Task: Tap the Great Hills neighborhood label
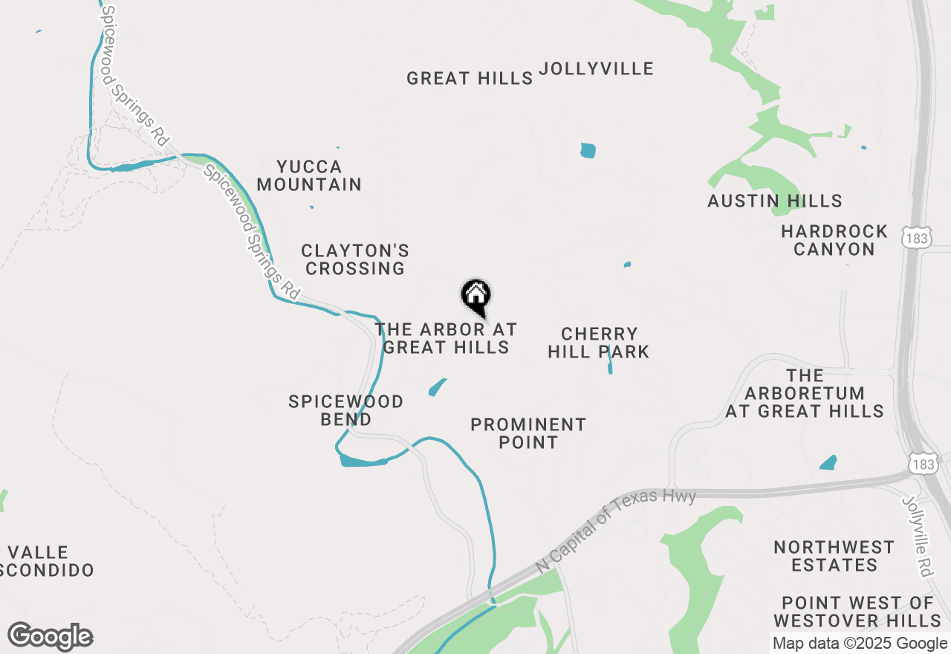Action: [470, 78]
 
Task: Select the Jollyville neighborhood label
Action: [596, 69]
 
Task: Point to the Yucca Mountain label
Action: [309, 175]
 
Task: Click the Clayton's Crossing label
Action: [355, 259]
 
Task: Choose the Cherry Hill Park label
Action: [598, 343]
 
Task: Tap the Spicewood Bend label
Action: [345, 410]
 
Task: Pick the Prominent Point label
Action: [528, 433]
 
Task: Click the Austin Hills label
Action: [774, 201]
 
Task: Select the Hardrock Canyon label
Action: [834, 240]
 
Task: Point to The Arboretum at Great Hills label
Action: [805, 393]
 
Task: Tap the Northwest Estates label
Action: [834, 556]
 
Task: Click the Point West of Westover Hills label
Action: [857, 611]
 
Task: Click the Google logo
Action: [50, 637]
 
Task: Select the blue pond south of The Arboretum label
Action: [828, 463]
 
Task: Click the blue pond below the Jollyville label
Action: [588, 150]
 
